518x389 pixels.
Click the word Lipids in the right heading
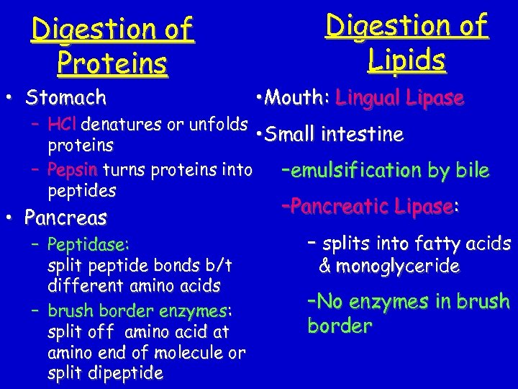(x=406, y=60)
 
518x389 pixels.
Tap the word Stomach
(x=65, y=97)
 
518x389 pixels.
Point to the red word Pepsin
(x=73, y=170)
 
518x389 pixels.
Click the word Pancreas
(x=65, y=217)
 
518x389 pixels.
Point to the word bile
(x=472, y=171)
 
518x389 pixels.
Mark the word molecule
(x=193, y=352)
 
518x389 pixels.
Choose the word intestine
(x=363, y=135)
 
